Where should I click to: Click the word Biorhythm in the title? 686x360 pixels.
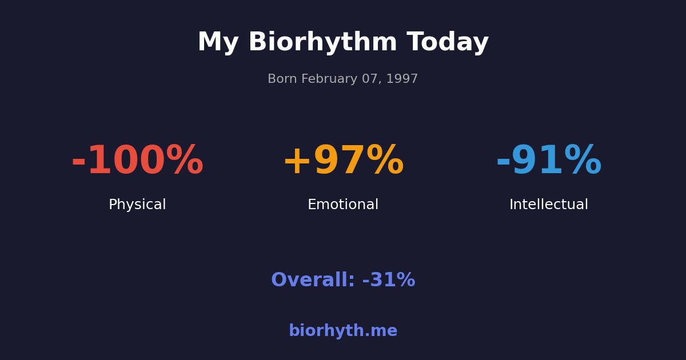[322, 43]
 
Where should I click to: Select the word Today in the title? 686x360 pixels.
[448, 43]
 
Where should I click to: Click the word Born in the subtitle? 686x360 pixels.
[281, 79]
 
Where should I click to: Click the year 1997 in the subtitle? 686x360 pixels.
[402, 79]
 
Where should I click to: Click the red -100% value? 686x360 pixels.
[137, 162]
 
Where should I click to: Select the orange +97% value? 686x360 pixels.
[343, 162]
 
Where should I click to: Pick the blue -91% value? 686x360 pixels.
[549, 162]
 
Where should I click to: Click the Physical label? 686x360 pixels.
[137, 205]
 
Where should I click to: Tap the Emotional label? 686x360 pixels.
[343, 205]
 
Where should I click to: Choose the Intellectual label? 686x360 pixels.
[549, 205]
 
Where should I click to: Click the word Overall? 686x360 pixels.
[313, 281]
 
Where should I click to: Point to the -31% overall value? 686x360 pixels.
[389, 281]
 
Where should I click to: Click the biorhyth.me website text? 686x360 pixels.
[343, 331]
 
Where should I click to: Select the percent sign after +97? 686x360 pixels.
[385, 162]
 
